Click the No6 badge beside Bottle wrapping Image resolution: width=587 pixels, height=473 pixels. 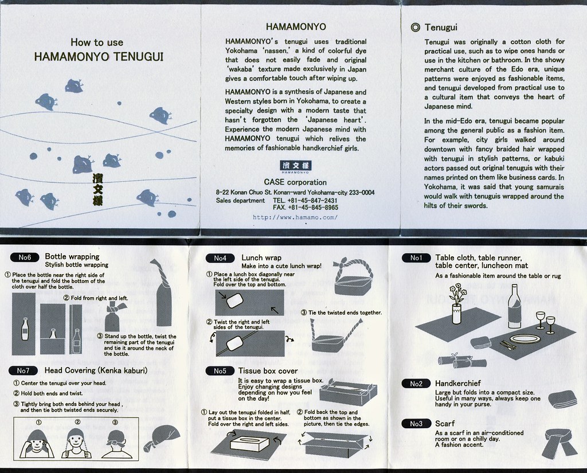coord(25,257)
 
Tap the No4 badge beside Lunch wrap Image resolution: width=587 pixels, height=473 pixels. coord(220,258)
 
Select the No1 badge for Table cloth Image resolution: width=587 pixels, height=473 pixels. coord(416,257)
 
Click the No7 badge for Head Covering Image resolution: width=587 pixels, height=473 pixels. coord(23,370)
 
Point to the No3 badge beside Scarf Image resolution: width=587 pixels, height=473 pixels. coord(416,424)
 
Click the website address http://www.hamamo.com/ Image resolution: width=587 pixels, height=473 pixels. coord(295,217)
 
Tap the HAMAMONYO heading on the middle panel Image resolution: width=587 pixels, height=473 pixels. coord(296,26)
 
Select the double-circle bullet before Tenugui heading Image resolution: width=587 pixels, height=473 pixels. coord(415,28)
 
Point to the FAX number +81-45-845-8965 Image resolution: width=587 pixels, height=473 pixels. coord(305,208)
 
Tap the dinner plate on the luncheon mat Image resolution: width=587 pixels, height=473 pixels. coord(526,339)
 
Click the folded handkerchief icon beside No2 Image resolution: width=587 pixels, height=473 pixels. coord(562,399)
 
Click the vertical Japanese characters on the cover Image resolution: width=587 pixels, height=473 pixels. coord(97,190)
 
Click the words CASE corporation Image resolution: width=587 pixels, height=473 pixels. coord(295,182)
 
